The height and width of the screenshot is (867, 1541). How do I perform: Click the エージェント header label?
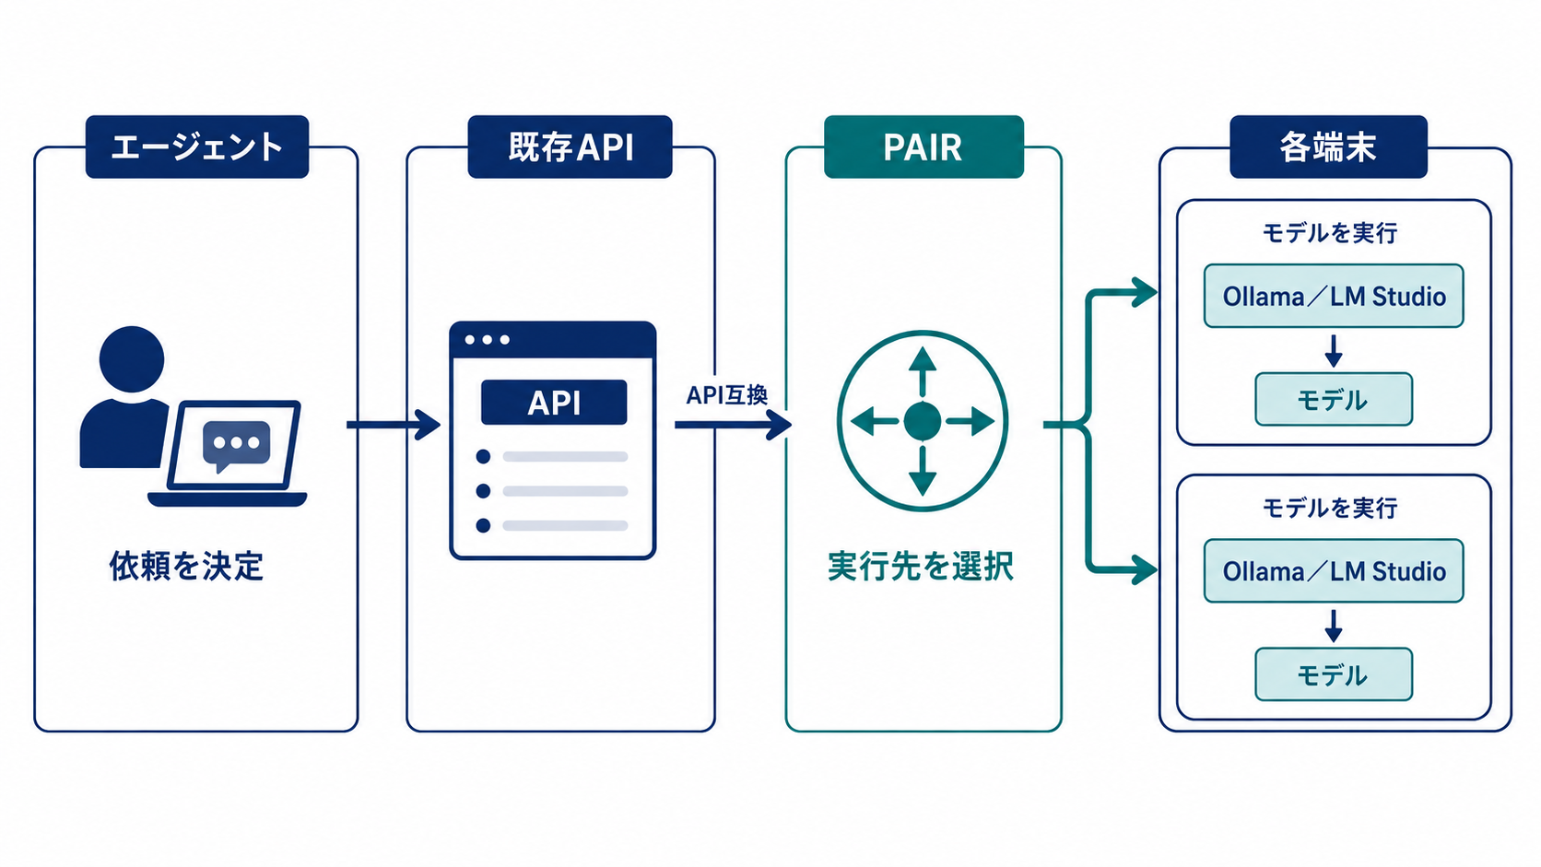[196, 147]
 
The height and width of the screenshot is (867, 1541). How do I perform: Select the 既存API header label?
[570, 147]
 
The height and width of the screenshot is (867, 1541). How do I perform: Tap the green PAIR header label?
[923, 147]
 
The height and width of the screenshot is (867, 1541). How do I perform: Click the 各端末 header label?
[1328, 147]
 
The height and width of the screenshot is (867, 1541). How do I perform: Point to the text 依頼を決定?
[186, 567]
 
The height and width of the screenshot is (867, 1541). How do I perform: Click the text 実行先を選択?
[921, 567]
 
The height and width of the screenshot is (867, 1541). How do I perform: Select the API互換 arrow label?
[727, 395]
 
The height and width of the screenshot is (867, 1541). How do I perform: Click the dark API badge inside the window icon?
[554, 403]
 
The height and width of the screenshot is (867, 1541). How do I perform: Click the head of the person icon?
[132, 359]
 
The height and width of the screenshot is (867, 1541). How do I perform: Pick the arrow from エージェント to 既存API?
[394, 425]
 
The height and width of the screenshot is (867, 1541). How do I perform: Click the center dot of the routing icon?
[922, 421]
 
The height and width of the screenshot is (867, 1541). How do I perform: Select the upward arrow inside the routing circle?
[922, 372]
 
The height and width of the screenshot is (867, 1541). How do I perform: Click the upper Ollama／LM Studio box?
[1334, 296]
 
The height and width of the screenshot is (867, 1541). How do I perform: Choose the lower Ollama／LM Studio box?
[1334, 570]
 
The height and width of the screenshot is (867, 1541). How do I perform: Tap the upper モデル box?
[1334, 400]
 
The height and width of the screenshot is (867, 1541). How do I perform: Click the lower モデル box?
[1334, 674]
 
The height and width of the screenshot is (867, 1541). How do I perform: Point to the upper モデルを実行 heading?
[1330, 233]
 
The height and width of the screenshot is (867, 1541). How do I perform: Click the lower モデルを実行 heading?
[1330, 508]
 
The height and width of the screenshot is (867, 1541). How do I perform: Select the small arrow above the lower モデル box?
[1334, 626]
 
